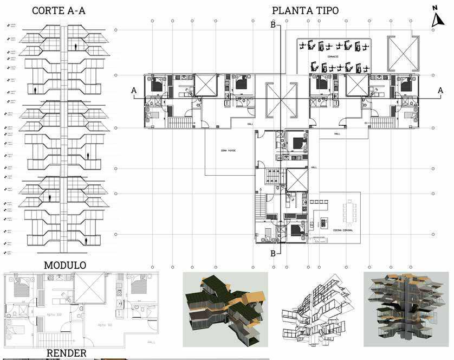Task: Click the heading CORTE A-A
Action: click(58, 11)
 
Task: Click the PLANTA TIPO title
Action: click(305, 11)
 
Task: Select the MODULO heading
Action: click(65, 265)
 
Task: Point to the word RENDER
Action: click(66, 353)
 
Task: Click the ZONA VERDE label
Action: click(228, 150)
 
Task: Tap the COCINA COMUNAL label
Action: click(344, 230)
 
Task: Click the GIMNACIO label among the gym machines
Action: click(333, 56)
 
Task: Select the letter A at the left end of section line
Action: click(133, 91)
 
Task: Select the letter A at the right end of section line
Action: click(440, 91)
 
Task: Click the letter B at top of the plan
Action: click(273, 25)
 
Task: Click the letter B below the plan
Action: click(273, 253)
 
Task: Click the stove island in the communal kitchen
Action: click(324, 223)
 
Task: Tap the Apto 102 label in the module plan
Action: click(54, 314)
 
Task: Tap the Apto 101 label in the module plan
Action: click(105, 325)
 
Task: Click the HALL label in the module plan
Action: click(151, 342)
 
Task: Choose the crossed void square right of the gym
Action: click(404, 53)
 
